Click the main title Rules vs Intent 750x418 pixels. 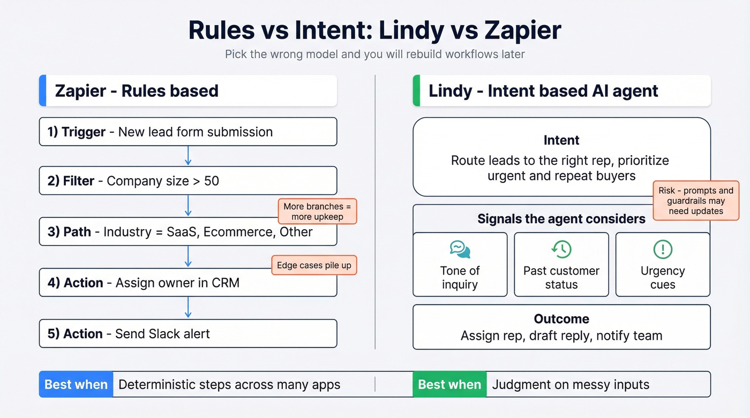coord(374,31)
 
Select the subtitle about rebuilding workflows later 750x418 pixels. coord(374,54)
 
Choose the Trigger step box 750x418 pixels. coord(187,132)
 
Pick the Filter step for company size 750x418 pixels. coord(187,181)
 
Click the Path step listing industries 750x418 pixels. coord(187,232)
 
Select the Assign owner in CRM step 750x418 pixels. coord(187,283)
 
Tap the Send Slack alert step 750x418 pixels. coord(187,333)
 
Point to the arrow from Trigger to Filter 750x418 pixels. coord(188,156)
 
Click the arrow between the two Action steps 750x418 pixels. coord(188,308)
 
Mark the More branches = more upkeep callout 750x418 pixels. coord(317,211)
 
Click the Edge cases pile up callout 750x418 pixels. coord(314,265)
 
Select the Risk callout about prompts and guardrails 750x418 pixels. coord(695,201)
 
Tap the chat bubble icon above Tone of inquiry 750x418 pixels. coord(460,249)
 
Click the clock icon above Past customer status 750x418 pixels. coord(561,249)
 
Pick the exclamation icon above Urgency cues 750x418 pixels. coord(663,249)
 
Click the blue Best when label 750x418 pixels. coord(76,384)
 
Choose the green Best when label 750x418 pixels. coord(449,384)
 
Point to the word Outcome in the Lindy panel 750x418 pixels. coord(561,319)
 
